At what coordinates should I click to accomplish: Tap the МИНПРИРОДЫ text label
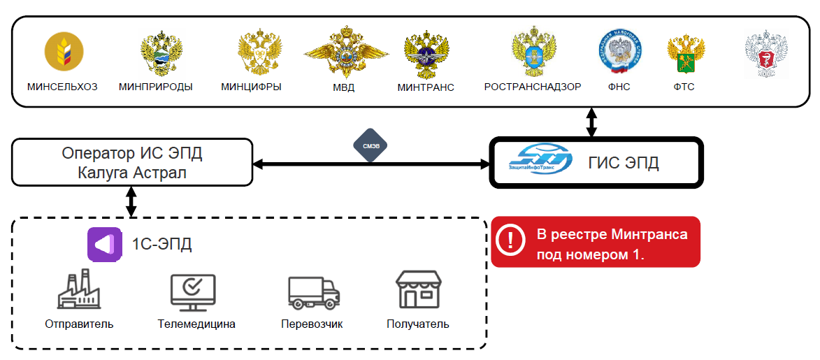click(x=155, y=87)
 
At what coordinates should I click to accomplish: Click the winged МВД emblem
click(x=345, y=53)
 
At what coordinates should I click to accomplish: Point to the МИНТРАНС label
click(x=426, y=87)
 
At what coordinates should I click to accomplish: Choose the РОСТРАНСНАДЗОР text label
click(x=532, y=87)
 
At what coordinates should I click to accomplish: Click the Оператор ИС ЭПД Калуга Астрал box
click(x=133, y=162)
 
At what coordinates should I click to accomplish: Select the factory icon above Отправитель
click(x=78, y=291)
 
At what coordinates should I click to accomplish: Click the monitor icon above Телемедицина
click(x=193, y=291)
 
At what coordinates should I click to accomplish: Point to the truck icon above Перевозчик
click(x=312, y=292)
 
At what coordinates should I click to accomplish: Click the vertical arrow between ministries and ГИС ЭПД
click(x=591, y=122)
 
